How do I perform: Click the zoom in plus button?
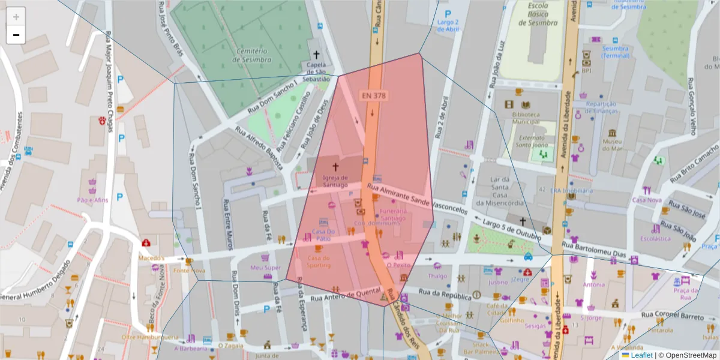click(x=16, y=17)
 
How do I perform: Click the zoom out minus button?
click(x=16, y=35)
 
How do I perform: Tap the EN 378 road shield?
click(x=373, y=95)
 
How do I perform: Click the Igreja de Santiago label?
click(x=335, y=181)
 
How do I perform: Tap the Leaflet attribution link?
click(x=641, y=355)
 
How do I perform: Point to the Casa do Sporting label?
click(x=319, y=262)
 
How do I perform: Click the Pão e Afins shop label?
click(x=92, y=200)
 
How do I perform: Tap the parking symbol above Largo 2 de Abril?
click(x=448, y=14)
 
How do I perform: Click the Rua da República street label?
click(x=445, y=295)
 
